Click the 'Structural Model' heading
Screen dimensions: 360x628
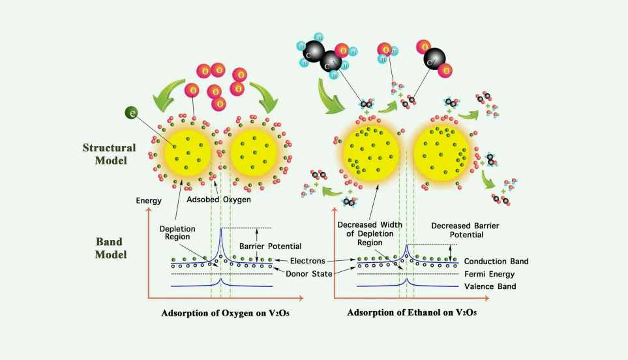pyautogui.click(x=109, y=154)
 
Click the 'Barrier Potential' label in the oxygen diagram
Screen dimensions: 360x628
pyautogui.click(x=279, y=246)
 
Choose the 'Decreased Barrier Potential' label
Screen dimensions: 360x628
pyautogui.click(x=457, y=230)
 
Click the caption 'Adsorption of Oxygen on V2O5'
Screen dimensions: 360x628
pyautogui.click(x=217, y=313)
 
